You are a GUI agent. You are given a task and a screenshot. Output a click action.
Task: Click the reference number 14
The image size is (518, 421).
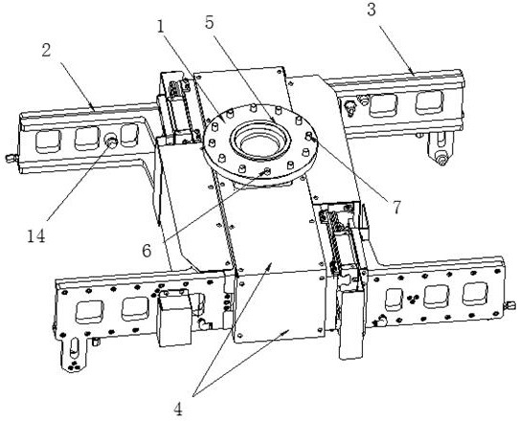(36, 236)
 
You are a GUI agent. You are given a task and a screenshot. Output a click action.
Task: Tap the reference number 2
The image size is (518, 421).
(46, 50)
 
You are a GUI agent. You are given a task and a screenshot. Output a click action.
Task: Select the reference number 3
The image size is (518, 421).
(372, 10)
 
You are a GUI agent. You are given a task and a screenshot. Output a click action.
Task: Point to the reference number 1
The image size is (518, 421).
(161, 27)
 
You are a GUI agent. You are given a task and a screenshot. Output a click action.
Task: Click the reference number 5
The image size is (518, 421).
(209, 22)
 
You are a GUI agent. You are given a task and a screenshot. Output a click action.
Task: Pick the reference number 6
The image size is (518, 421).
(146, 251)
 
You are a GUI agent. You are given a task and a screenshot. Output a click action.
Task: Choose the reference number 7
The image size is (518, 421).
(396, 207)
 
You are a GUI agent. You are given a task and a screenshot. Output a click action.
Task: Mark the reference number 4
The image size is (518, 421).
(178, 410)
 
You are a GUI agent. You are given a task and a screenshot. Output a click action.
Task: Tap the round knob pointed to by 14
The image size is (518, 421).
(111, 141)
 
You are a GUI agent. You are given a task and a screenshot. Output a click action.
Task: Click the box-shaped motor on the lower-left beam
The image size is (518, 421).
(174, 318)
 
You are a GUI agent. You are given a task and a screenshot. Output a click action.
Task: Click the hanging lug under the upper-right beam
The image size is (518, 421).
(439, 147)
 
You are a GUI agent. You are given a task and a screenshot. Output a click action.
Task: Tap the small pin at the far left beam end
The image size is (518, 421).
(11, 158)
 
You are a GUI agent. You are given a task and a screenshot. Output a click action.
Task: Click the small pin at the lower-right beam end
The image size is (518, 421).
(510, 305)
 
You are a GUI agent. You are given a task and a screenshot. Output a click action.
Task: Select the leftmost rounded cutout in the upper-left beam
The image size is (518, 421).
(48, 141)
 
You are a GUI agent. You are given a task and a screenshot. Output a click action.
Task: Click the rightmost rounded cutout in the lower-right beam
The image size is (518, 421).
(475, 294)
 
